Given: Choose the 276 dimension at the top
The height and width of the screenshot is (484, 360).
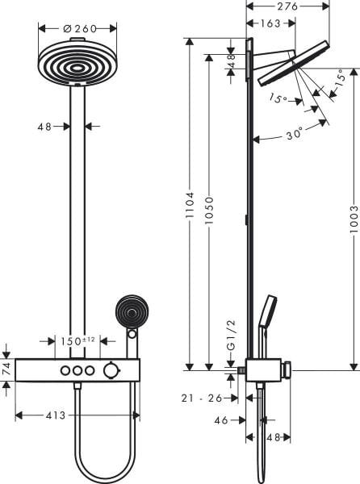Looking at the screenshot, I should [288, 6].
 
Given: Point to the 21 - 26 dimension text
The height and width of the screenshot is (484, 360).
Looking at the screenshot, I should [201, 397].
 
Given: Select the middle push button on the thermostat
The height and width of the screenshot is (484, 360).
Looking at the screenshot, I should [78, 371].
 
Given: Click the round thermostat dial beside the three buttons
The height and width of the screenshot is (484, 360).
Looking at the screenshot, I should [109, 371].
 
